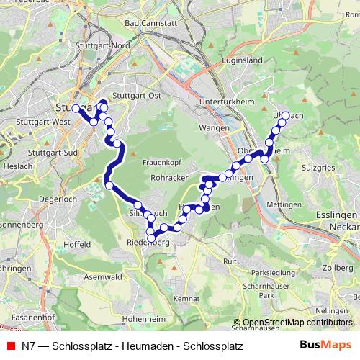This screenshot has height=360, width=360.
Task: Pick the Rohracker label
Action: click(170, 177)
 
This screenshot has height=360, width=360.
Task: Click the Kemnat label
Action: click(186, 297)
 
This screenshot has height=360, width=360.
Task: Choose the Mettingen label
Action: click(282, 204)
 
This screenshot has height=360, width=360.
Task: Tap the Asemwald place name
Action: click(102, 276)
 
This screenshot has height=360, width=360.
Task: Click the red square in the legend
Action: click(10, 346)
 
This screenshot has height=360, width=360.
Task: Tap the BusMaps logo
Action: click(330, 346)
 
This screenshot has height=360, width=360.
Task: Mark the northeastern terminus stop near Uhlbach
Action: click(286, 115)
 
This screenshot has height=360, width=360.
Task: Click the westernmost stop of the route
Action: click(76, 108)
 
